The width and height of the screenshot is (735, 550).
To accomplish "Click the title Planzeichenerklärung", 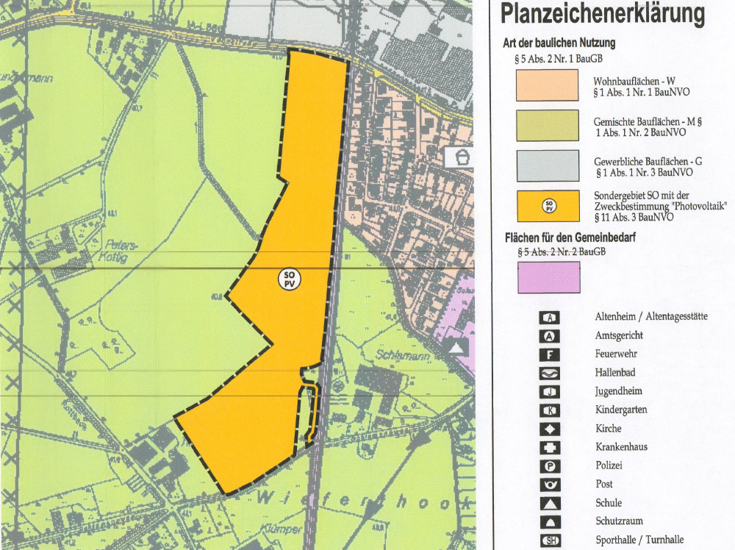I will click(x=602, y=15).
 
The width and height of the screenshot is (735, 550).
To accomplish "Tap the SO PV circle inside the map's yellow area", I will click(x=289, y=280).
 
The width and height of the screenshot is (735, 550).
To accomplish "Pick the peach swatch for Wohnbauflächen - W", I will click(x=548, y=85).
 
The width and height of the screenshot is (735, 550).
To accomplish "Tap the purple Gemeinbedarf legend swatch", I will click(x=548, y=277).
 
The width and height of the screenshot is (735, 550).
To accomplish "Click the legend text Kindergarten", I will click(x=621, y=410).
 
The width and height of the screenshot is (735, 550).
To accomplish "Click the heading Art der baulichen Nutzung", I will click(x=559, y=43).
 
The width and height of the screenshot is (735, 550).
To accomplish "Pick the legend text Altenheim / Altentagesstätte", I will click(x=650, y=317).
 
